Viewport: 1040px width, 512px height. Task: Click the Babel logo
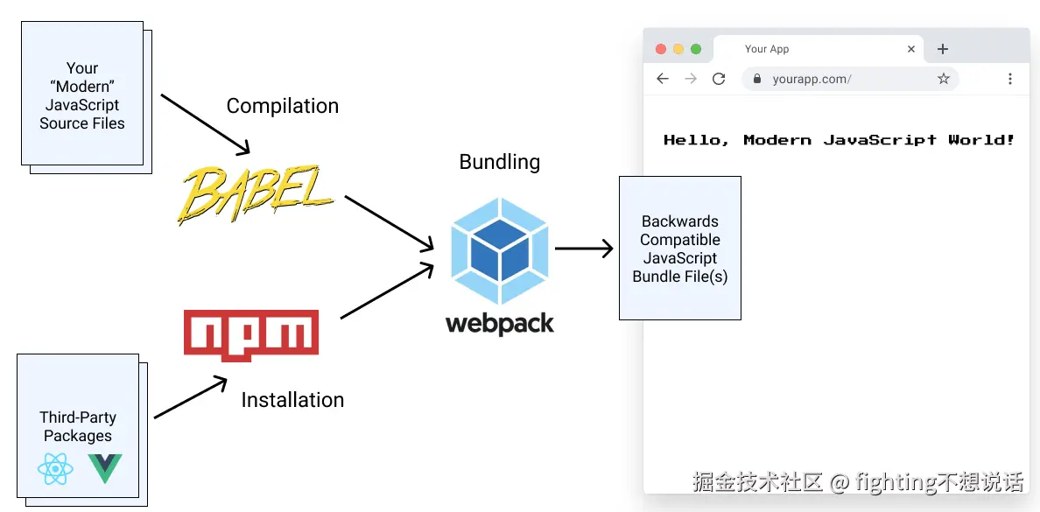pyautogui.click(x=256, y=194)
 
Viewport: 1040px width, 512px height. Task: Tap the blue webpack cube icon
pyautogui.click(x=500, y=250)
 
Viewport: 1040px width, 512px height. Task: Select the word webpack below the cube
pyautogui.click(x=500, y=324)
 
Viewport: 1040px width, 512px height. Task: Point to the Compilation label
pyautogui.click(x=282, y=106)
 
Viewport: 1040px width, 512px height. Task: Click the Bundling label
pyautogui.click(x=500, y=162)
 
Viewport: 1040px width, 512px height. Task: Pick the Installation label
pyautogui.click(x=292, y=400)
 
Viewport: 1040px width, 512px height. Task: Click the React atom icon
pyautogui.click(x=55, y=470)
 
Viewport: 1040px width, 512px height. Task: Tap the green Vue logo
pyautogui.click(x=104, y=469)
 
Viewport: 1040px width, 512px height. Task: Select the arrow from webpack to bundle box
pyautogui.click(x=584, y=249)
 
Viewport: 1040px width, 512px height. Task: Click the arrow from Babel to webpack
pyautogui.click(x=390, y=223)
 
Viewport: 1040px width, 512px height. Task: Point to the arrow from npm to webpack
pyautogui.click(x=387, y=291)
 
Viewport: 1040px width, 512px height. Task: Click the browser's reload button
pyautogui.click(x=719, y=79)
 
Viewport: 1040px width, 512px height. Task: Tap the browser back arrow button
pyautogui.click(x=663, y=79)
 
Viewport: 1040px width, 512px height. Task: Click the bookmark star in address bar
pyautogui.click(x=944, y=79)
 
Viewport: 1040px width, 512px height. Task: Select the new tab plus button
pyautogui.click(x=943, y=49)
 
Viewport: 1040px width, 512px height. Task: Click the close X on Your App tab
pyautogui.click(x=911, y=49)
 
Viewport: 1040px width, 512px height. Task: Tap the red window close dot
pyautogui.click(x=661, y=49)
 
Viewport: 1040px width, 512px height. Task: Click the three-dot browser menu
pyautogui.click(x=1010, y=79)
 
